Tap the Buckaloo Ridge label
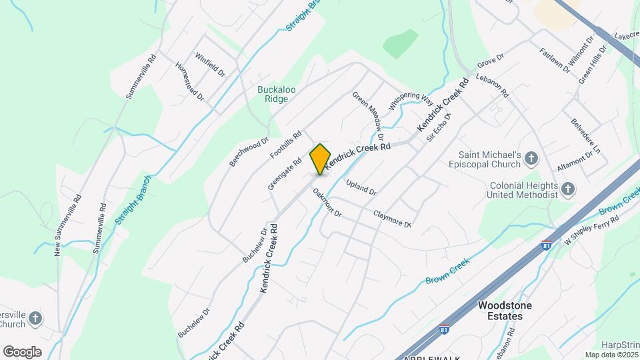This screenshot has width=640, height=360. pos(273,94)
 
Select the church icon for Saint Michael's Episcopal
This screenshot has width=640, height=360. pos(531,158)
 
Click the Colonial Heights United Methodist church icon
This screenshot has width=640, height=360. pos(567,189)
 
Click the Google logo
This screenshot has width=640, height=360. pos(22,351)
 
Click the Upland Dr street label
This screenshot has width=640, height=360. pos(361,187)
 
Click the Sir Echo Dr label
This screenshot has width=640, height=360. pos(439,127)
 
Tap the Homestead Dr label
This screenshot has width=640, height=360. pos(189,81)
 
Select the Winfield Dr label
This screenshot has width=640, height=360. pos(209,65)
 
